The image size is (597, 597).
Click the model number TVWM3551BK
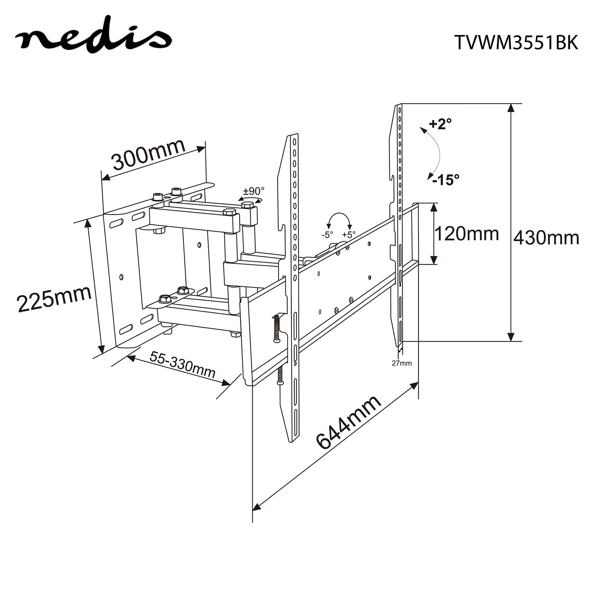[516, 42]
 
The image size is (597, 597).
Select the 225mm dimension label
[54, 298]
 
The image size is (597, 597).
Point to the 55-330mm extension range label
[182, 365]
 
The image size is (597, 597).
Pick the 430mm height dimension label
[546, 238]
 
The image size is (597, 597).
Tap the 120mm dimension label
[467, 234]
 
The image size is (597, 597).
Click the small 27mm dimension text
[402, 363]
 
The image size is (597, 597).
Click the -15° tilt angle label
[446, 179]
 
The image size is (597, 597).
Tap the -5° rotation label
[327, 235]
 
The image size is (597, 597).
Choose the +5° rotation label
[349, 235]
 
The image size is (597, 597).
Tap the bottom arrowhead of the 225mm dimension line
[101, 349]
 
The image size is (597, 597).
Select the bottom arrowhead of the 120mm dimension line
[434, 260]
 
